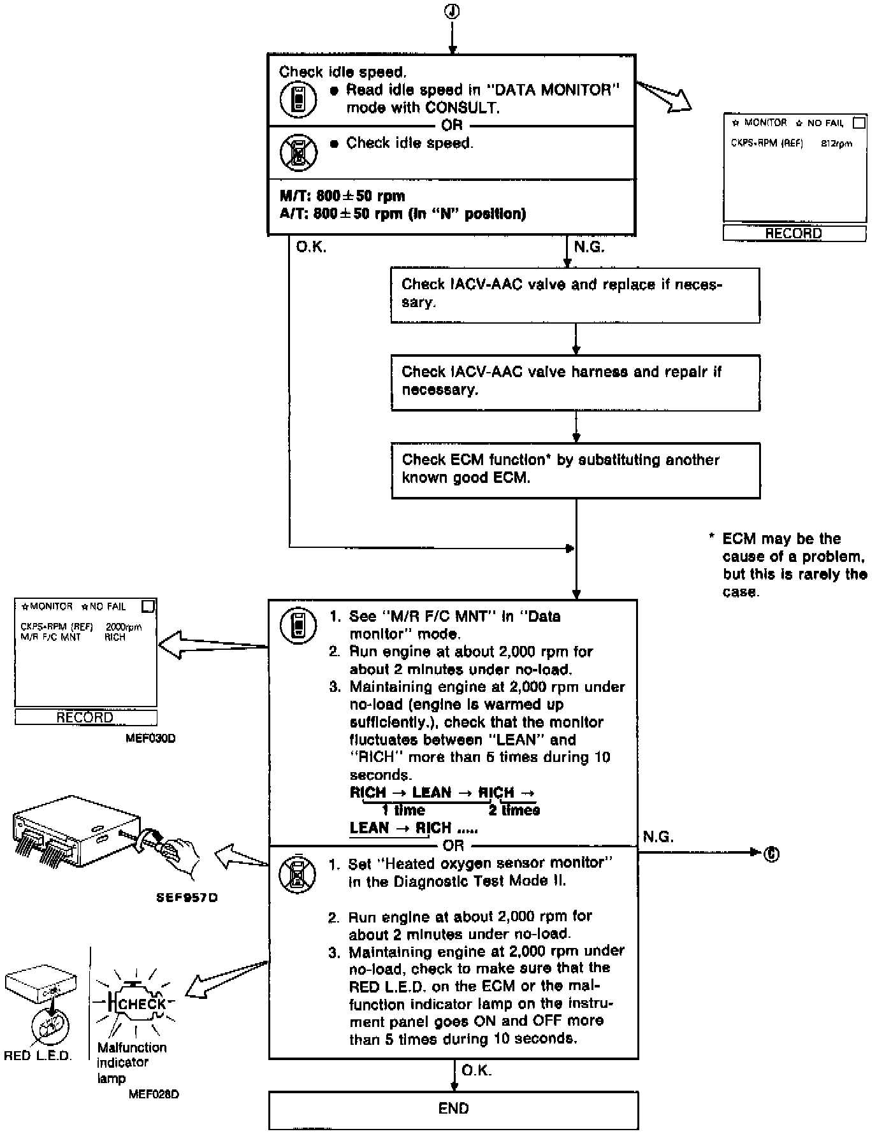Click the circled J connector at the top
tap(452, 11)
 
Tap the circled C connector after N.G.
tap(771, 853)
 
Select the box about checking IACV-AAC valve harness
tap(575, 382)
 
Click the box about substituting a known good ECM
tap(575, 470)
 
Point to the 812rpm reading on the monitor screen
tap(836, 144)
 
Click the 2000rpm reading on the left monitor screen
tap(124, 627)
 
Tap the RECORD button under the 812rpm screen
tap(794, 234)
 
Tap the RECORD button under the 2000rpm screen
tap(85, 717)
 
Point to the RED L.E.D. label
tap(38, 1056)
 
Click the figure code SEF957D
tap(187, 898)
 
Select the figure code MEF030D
tap(150, 739)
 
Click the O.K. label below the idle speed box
tap(311, 247)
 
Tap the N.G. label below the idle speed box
tap(589, 247)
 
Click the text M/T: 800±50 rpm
tap(342, 196)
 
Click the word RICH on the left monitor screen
tap(115, 637)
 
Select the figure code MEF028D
tap(154, 1095)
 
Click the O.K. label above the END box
tap(476, 1071)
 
